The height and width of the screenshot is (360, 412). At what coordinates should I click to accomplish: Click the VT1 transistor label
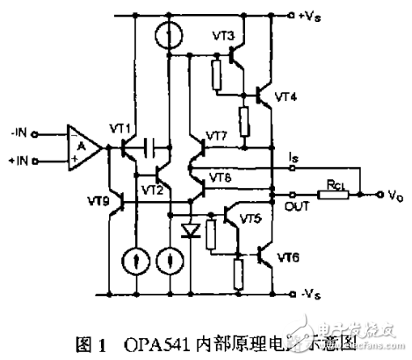(122, 130)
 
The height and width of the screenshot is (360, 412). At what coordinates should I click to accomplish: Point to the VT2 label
(151, 188)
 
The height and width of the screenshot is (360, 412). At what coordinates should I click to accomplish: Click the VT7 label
(217, 135)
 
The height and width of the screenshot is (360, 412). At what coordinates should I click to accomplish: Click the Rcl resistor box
(333, 193)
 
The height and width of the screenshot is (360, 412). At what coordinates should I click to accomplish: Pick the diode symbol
(188, 232)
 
